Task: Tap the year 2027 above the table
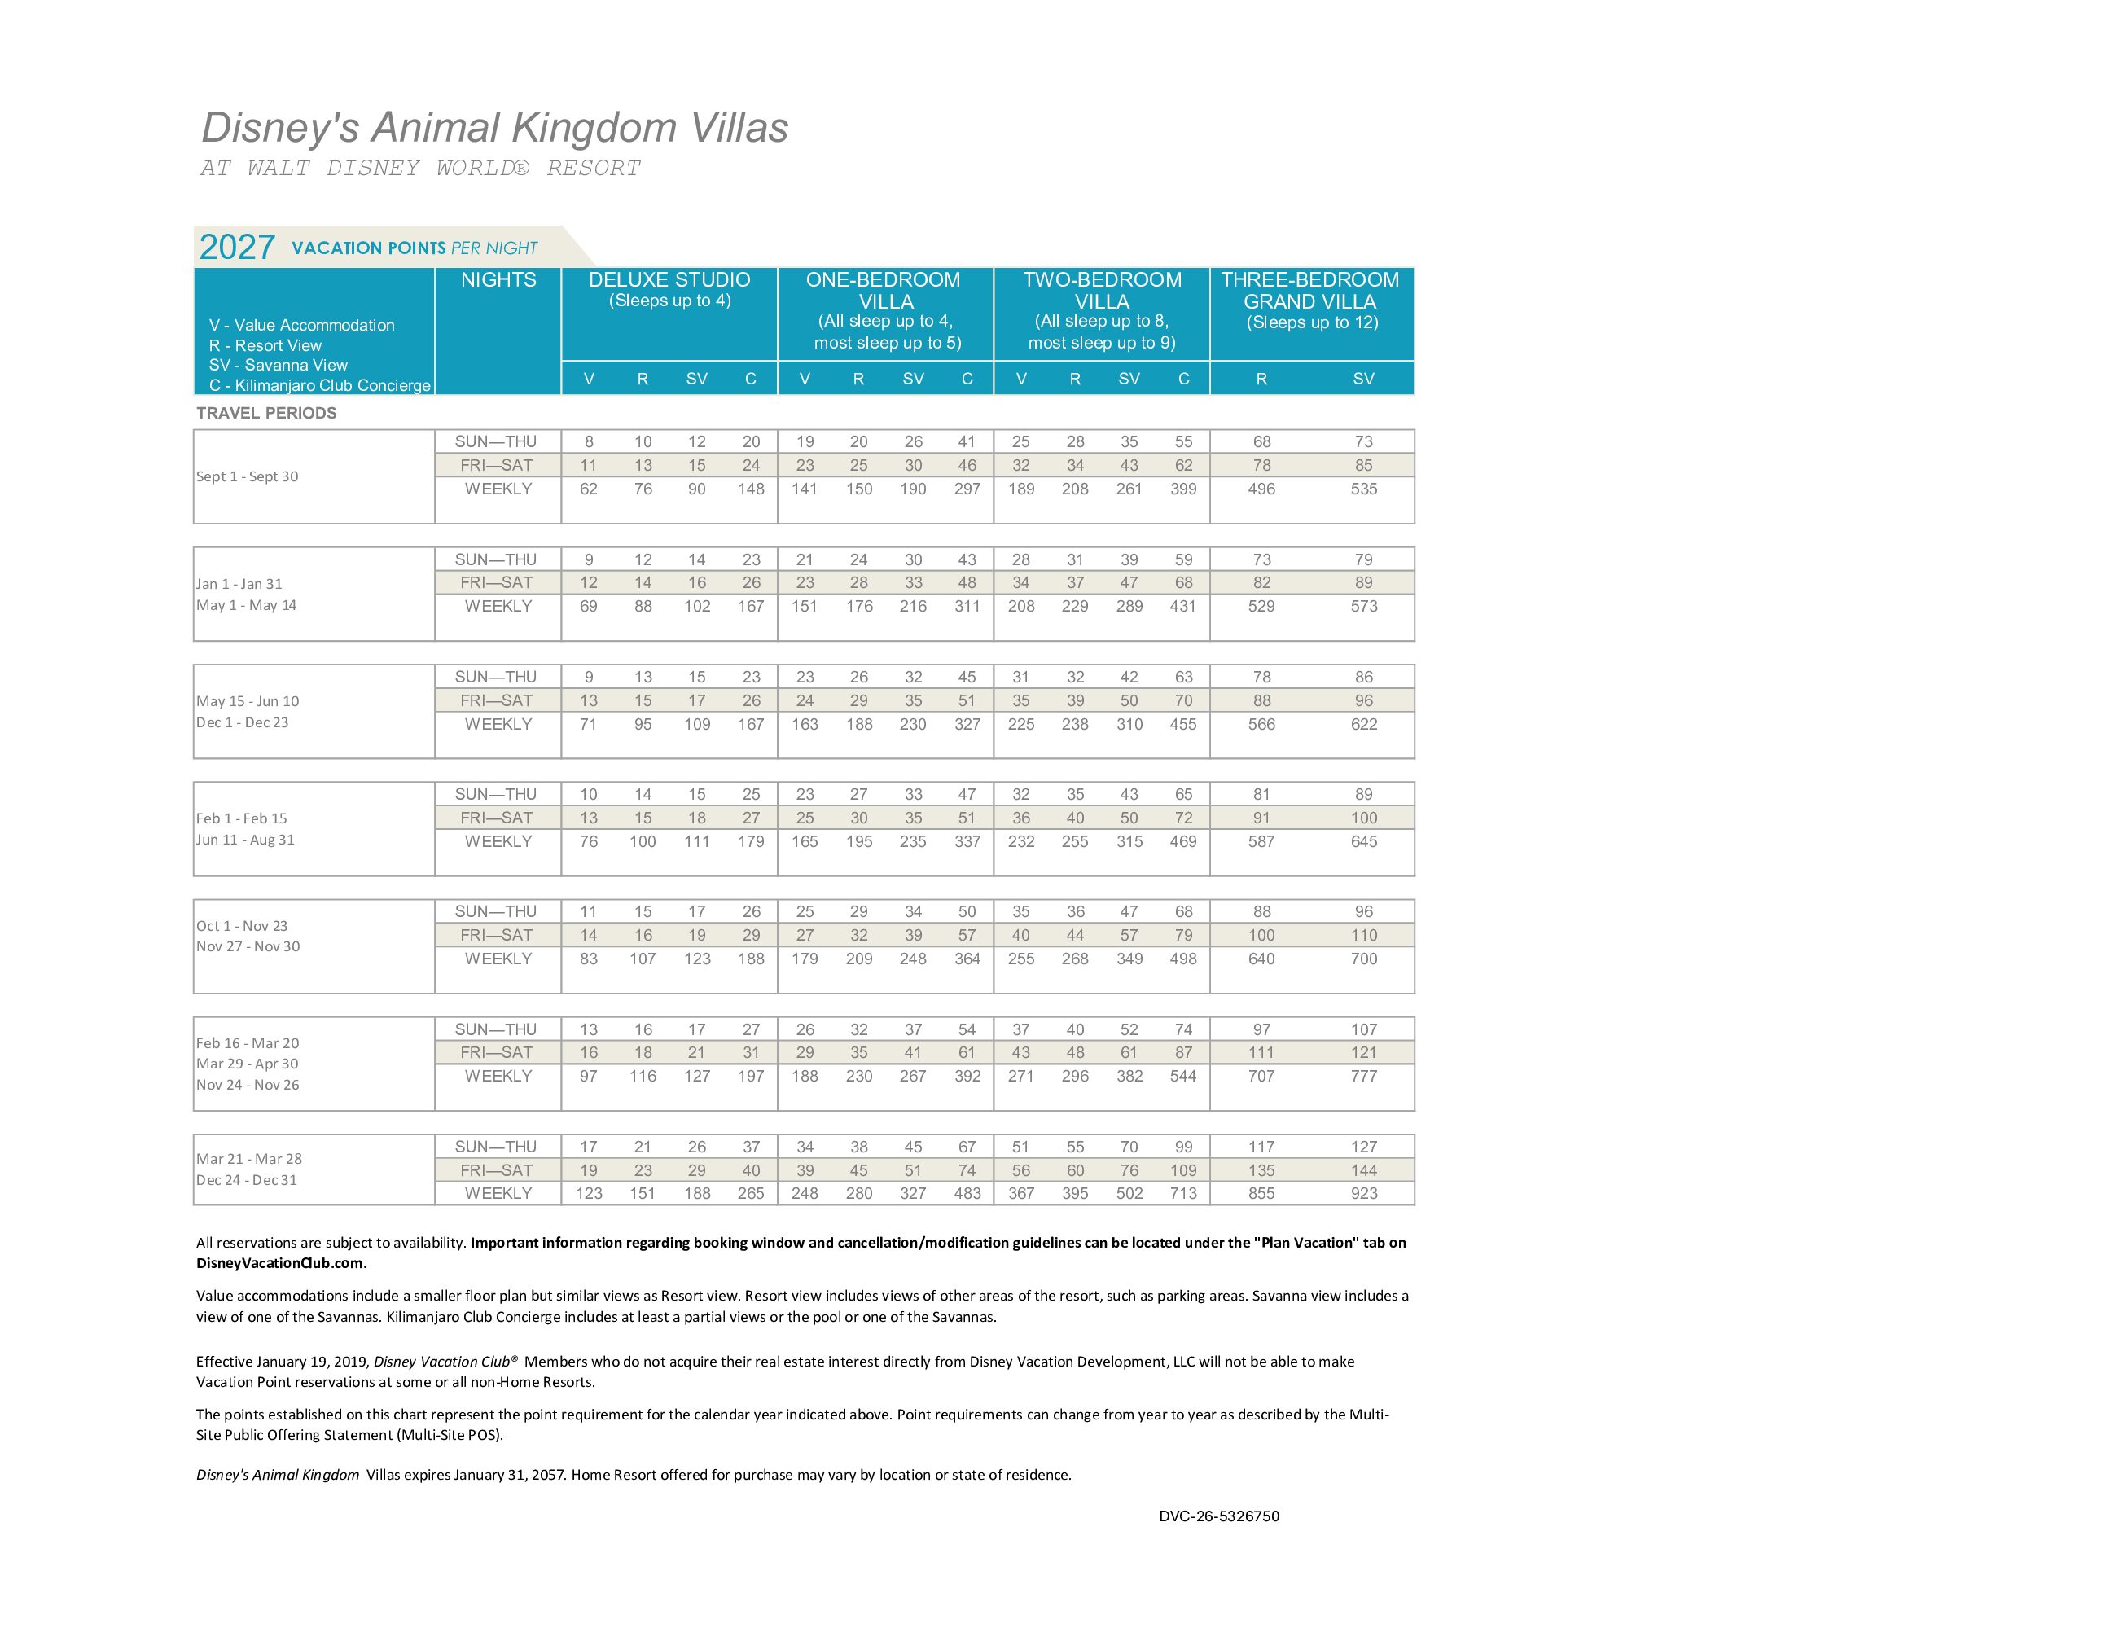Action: (x=236, y=247)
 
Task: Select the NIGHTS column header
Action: (x=498, y=280)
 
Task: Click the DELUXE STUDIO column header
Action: (x=669, y=280)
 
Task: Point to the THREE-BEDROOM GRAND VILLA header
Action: (x=1309, y=291)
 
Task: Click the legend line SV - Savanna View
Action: (x=278, y=366)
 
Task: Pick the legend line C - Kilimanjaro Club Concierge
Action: (x=319, y=386)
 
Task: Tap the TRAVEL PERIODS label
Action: (x=266, y=413)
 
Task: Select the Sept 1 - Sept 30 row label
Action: (x=247, y=476)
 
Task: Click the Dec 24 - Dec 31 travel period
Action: (x=247, y=1180)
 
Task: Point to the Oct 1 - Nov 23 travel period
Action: (x=242, y=925)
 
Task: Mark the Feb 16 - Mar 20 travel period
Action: (x=248, y=1043)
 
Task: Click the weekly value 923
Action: (x=1363, y=1194)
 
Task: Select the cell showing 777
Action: (x=1363, y=1076)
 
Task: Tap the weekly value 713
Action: (x=1183, y=1194)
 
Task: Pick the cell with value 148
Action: (x=751, y=489)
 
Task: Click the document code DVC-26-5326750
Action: (x=1219, y=1516)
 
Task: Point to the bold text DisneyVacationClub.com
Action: (x=281, y=1263)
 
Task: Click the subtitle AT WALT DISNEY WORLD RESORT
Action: (x=420, y=169)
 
